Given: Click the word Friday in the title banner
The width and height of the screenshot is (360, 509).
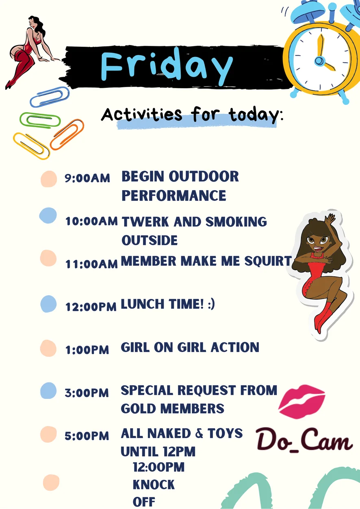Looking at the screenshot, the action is point(167,66).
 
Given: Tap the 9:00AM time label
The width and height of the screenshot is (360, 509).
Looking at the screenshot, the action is point(87,178).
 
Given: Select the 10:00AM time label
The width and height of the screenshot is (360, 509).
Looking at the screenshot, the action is point(91,221).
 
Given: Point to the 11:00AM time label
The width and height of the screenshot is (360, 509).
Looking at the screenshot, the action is point(91,264).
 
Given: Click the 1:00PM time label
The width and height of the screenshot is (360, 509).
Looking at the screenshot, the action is point(87,350).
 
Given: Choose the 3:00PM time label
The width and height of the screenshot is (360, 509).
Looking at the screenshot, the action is point(87,393).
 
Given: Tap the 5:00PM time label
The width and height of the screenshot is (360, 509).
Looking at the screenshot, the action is point(87,436).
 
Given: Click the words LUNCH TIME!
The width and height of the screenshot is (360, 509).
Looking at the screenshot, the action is point(162,304).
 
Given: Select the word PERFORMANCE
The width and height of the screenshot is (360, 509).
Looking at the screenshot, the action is point(174,195).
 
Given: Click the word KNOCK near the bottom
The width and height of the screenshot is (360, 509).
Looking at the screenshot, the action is point(154,485).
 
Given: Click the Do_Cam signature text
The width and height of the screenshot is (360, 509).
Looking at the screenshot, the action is point(304,440).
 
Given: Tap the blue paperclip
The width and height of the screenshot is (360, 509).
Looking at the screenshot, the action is point(50,97).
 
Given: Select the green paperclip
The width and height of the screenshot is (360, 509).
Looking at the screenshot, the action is point(40,120).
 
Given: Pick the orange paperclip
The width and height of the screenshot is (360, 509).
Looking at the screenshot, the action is point(67,134).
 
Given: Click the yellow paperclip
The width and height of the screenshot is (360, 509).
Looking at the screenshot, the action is point(31,146).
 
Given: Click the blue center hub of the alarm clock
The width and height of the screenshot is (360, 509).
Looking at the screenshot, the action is point(319,61).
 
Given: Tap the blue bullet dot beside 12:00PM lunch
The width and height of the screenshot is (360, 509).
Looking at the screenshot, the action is point(48,304).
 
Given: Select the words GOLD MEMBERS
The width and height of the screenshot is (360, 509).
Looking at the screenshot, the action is point(173,409).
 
